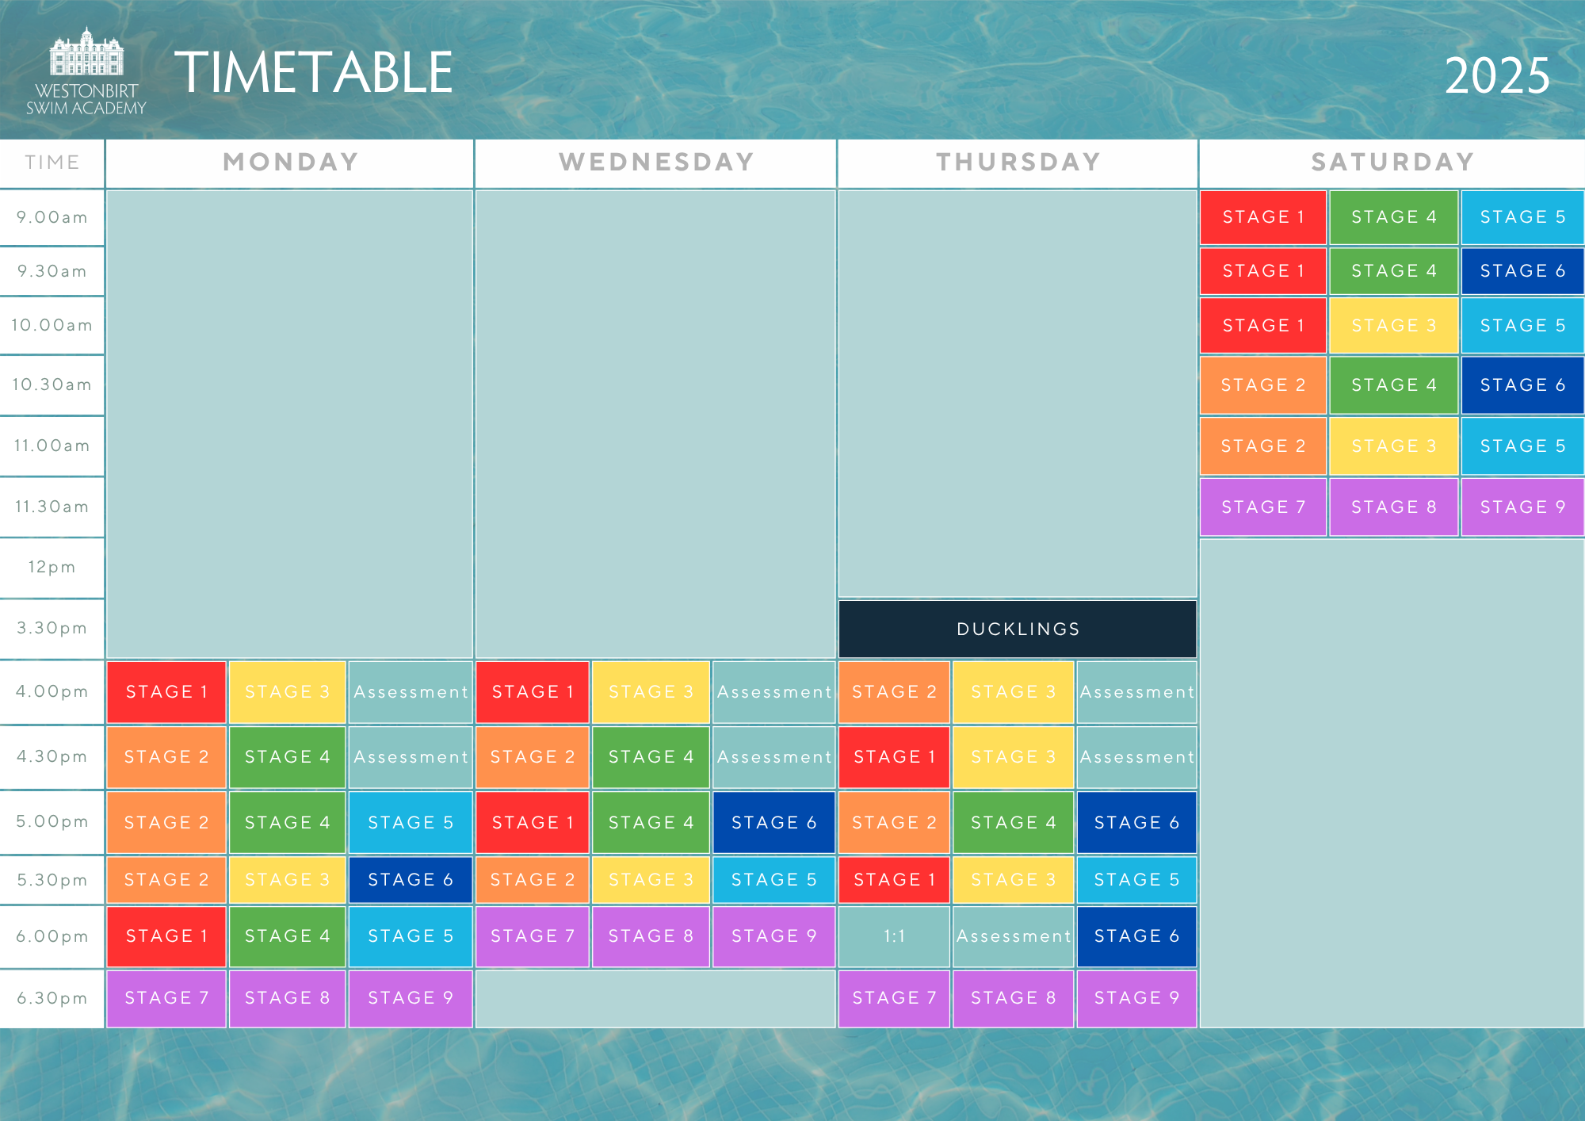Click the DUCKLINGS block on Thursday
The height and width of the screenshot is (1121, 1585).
pos(1018,629)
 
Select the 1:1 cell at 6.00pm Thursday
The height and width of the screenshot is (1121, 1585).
pos(894,936)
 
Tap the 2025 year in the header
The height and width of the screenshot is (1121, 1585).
pos(1496,76)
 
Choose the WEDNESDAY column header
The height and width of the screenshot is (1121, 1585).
pos(656,163)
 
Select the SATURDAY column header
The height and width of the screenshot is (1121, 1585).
pos(1392,163)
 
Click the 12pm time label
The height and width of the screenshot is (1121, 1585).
pos(52,567)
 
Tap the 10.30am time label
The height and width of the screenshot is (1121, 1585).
pos(52,385)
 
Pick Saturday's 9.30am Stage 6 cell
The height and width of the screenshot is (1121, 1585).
pos(1522,271)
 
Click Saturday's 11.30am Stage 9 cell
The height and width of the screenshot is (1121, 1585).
pos(1522,507)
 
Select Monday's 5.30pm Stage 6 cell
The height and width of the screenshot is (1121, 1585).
pos(411,879)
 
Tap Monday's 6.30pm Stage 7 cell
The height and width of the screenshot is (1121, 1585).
pos(166,997)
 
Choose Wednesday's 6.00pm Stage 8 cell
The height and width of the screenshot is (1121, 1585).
pos(651,936)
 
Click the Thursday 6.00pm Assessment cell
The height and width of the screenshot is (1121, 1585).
pos(1013,936)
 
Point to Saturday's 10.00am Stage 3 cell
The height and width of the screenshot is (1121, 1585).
pos(1393,325)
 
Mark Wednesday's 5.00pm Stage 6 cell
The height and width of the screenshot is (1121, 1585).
pos(773,822)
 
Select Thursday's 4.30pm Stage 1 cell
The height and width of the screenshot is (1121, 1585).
pos(894,756)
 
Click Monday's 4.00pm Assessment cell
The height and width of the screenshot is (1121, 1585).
pos(411,692)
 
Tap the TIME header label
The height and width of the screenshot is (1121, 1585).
pos(52,163)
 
